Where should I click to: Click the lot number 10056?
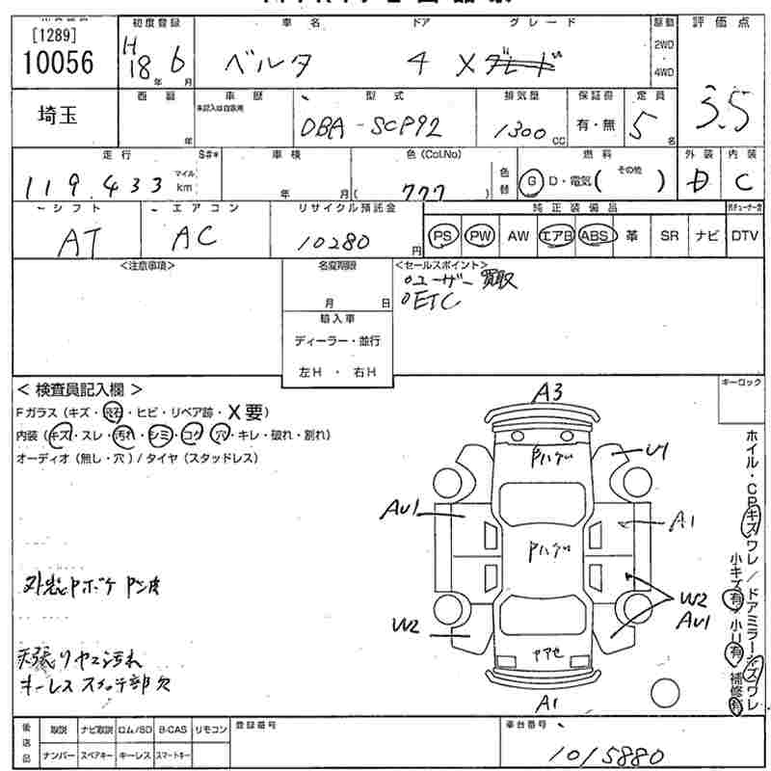pyautogui.click(x=57, y=64)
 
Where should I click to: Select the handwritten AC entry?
pyautogui.click(x=193, y=236)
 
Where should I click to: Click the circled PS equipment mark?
pyautogui.click(x=443, y=235)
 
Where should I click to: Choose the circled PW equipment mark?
pyautogui.click(x=479, y=235)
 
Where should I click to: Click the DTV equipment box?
pyautogui.click(x=744, y=235)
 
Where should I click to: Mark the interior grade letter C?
pyautogui.click(x=743, y=183)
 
